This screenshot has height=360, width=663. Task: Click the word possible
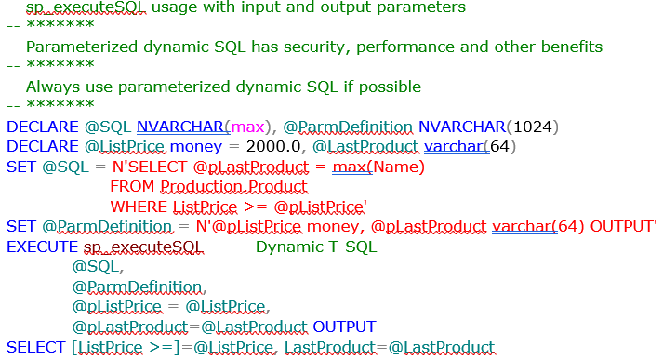point(391,87)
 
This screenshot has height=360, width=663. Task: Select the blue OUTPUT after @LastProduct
point(344,327)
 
